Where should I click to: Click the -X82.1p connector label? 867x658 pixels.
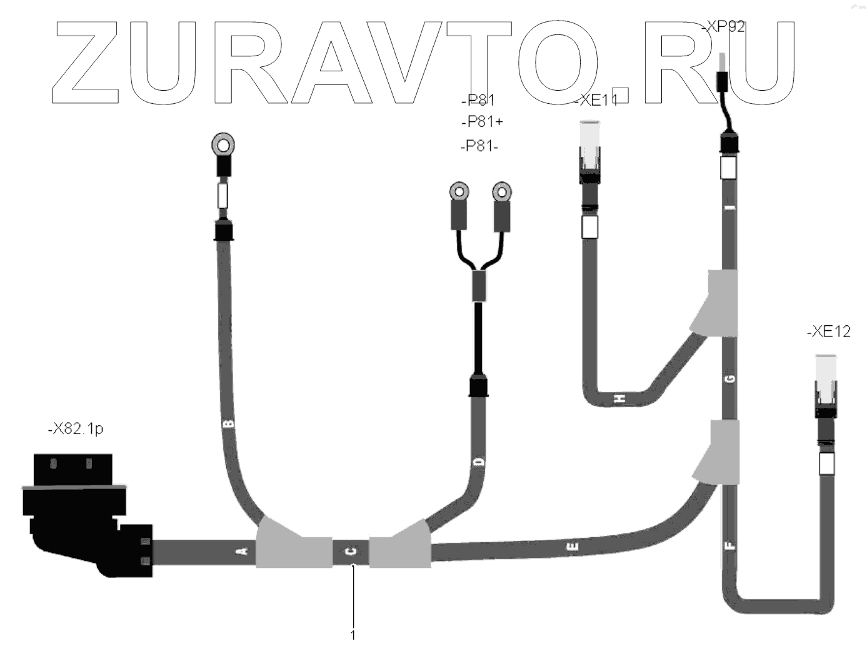(76, 430)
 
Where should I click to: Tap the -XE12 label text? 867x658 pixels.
(829, 332)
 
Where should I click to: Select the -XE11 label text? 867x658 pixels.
(596, 100)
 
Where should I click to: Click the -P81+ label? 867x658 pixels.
(481, 121)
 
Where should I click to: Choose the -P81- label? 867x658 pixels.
(479, 146)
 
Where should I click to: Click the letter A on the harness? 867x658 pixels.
(244, 551)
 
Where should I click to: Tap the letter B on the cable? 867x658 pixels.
(229, 423)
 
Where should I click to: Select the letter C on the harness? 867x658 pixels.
(351, 551)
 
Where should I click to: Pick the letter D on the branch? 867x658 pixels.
(479, 462)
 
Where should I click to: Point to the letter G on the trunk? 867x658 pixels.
(731, 378)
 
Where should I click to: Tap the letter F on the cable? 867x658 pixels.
(731, 545)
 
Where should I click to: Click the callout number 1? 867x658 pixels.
(353, 635)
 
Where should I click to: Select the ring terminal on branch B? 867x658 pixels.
(223, 146)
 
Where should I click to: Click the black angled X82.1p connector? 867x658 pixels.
(81, 513)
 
